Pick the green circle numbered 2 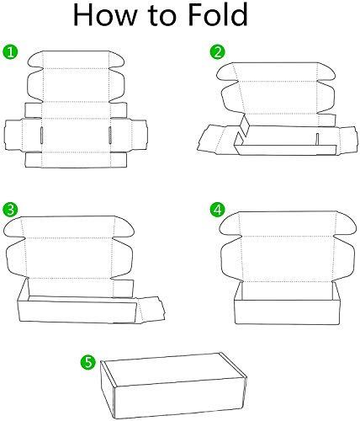click(218, 52)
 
